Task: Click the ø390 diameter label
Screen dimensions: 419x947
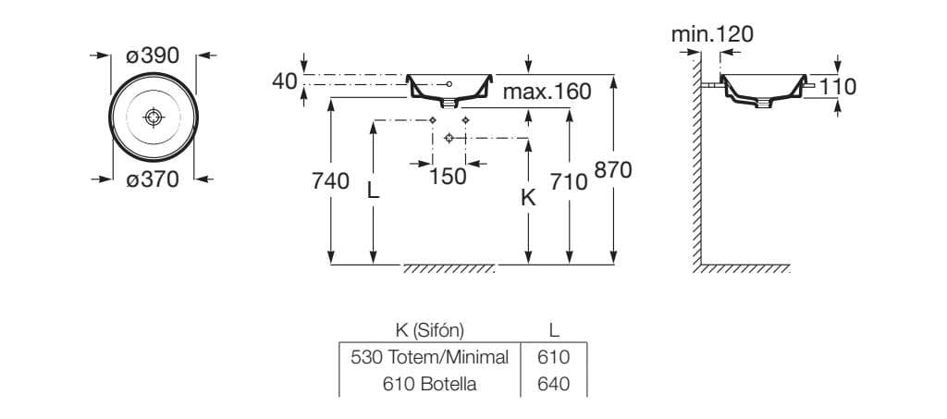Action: tap(153, 56)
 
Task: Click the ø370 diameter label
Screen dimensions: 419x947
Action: tap(153, 180)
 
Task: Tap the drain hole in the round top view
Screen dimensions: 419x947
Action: tap(154, 117)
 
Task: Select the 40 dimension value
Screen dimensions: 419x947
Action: tap(285, 81)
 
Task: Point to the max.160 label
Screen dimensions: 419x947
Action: tap(547, 92)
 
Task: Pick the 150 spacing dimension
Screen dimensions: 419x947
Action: tap(449, 176)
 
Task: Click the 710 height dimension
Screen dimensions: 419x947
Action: tap(569, 182)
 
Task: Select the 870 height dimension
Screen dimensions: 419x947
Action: tap(612, 171)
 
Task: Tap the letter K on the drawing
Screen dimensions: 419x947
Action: tap(528, 197)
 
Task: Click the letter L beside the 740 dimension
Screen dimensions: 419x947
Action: tap(373, 191)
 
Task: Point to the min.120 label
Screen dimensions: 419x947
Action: tap(712, 35)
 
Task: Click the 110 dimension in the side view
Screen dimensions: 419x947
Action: tap(838, 87)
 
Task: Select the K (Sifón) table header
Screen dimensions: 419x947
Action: tap(429, 330)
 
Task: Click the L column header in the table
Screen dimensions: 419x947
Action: tap(553, 330)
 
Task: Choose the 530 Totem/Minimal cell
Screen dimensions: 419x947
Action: tap(430, 357)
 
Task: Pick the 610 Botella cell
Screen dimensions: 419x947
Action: tap(430, 383)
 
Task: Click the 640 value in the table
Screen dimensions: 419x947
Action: tap(553, 383)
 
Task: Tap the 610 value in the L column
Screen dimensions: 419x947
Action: tap(553, 357)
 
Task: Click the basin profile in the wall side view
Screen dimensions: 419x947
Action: tap(762, 90)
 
